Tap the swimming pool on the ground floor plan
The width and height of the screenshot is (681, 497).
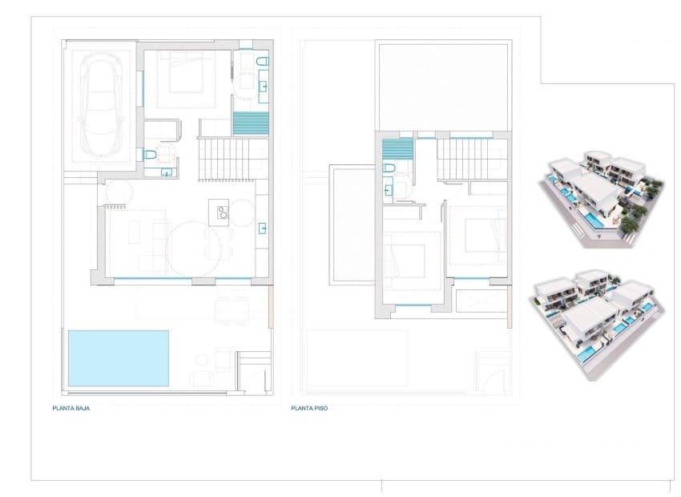point(119,358)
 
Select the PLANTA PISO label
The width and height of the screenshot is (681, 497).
point(309,407)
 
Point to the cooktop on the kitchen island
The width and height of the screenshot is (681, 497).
point(219,212)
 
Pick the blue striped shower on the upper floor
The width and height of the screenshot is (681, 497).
point(397,150)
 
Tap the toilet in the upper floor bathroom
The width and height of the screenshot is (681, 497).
point(389,168)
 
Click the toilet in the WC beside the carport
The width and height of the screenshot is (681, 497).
point(149,155)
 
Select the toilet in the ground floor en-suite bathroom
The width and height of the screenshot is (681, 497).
point(261,62)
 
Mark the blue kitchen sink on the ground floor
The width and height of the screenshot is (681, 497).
point(262,228)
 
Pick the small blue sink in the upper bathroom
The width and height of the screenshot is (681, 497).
point(389,190)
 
